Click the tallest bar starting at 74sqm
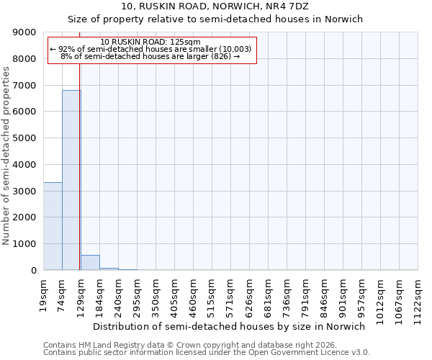tap(71, 180)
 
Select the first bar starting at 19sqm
tap(53, 226)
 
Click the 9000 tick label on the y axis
tap(24, 32)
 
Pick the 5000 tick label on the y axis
tap(24, 138)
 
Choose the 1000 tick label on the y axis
tap(24, 244)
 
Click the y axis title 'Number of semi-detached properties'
tap(6, 156)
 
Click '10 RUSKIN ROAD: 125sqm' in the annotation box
tap(151, 42)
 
